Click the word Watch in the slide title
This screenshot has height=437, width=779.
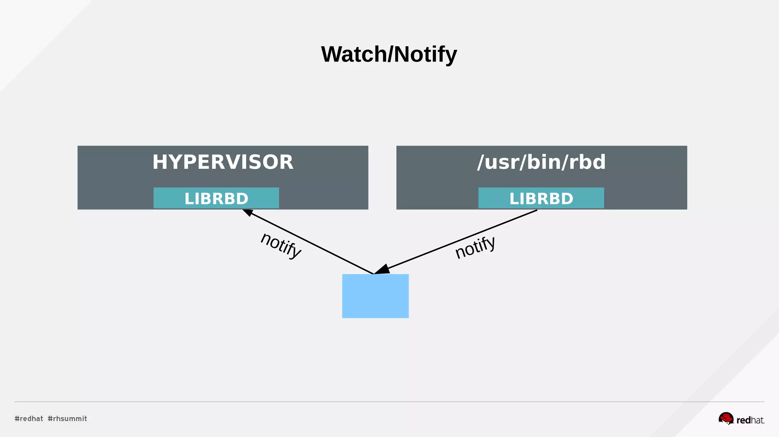coord(354,54)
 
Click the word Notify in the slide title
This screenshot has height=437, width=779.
coord(425,54)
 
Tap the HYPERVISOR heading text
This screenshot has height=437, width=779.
coord(223,162)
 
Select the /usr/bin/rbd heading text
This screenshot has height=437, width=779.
coord(541,162)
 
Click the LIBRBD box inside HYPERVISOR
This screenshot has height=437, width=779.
coord(216,198)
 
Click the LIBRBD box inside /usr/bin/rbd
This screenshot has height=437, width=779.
coord(541,198)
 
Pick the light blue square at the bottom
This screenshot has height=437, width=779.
coord(375,296)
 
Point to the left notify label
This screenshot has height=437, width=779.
coord(281,245)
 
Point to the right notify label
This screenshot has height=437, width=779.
coord(475,247)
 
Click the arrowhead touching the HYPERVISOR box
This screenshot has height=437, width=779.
coord(248,212)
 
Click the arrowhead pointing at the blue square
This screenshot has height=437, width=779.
coord(382,269)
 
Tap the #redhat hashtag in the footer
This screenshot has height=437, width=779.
coord(29,418)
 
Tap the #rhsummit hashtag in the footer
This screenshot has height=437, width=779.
coord(67,418)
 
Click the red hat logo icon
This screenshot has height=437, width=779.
coord(726,418)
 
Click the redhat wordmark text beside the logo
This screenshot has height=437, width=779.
coord(750,420)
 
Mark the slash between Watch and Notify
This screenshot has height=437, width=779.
coord(390,54)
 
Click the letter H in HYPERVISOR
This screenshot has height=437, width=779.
coord(160,162)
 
